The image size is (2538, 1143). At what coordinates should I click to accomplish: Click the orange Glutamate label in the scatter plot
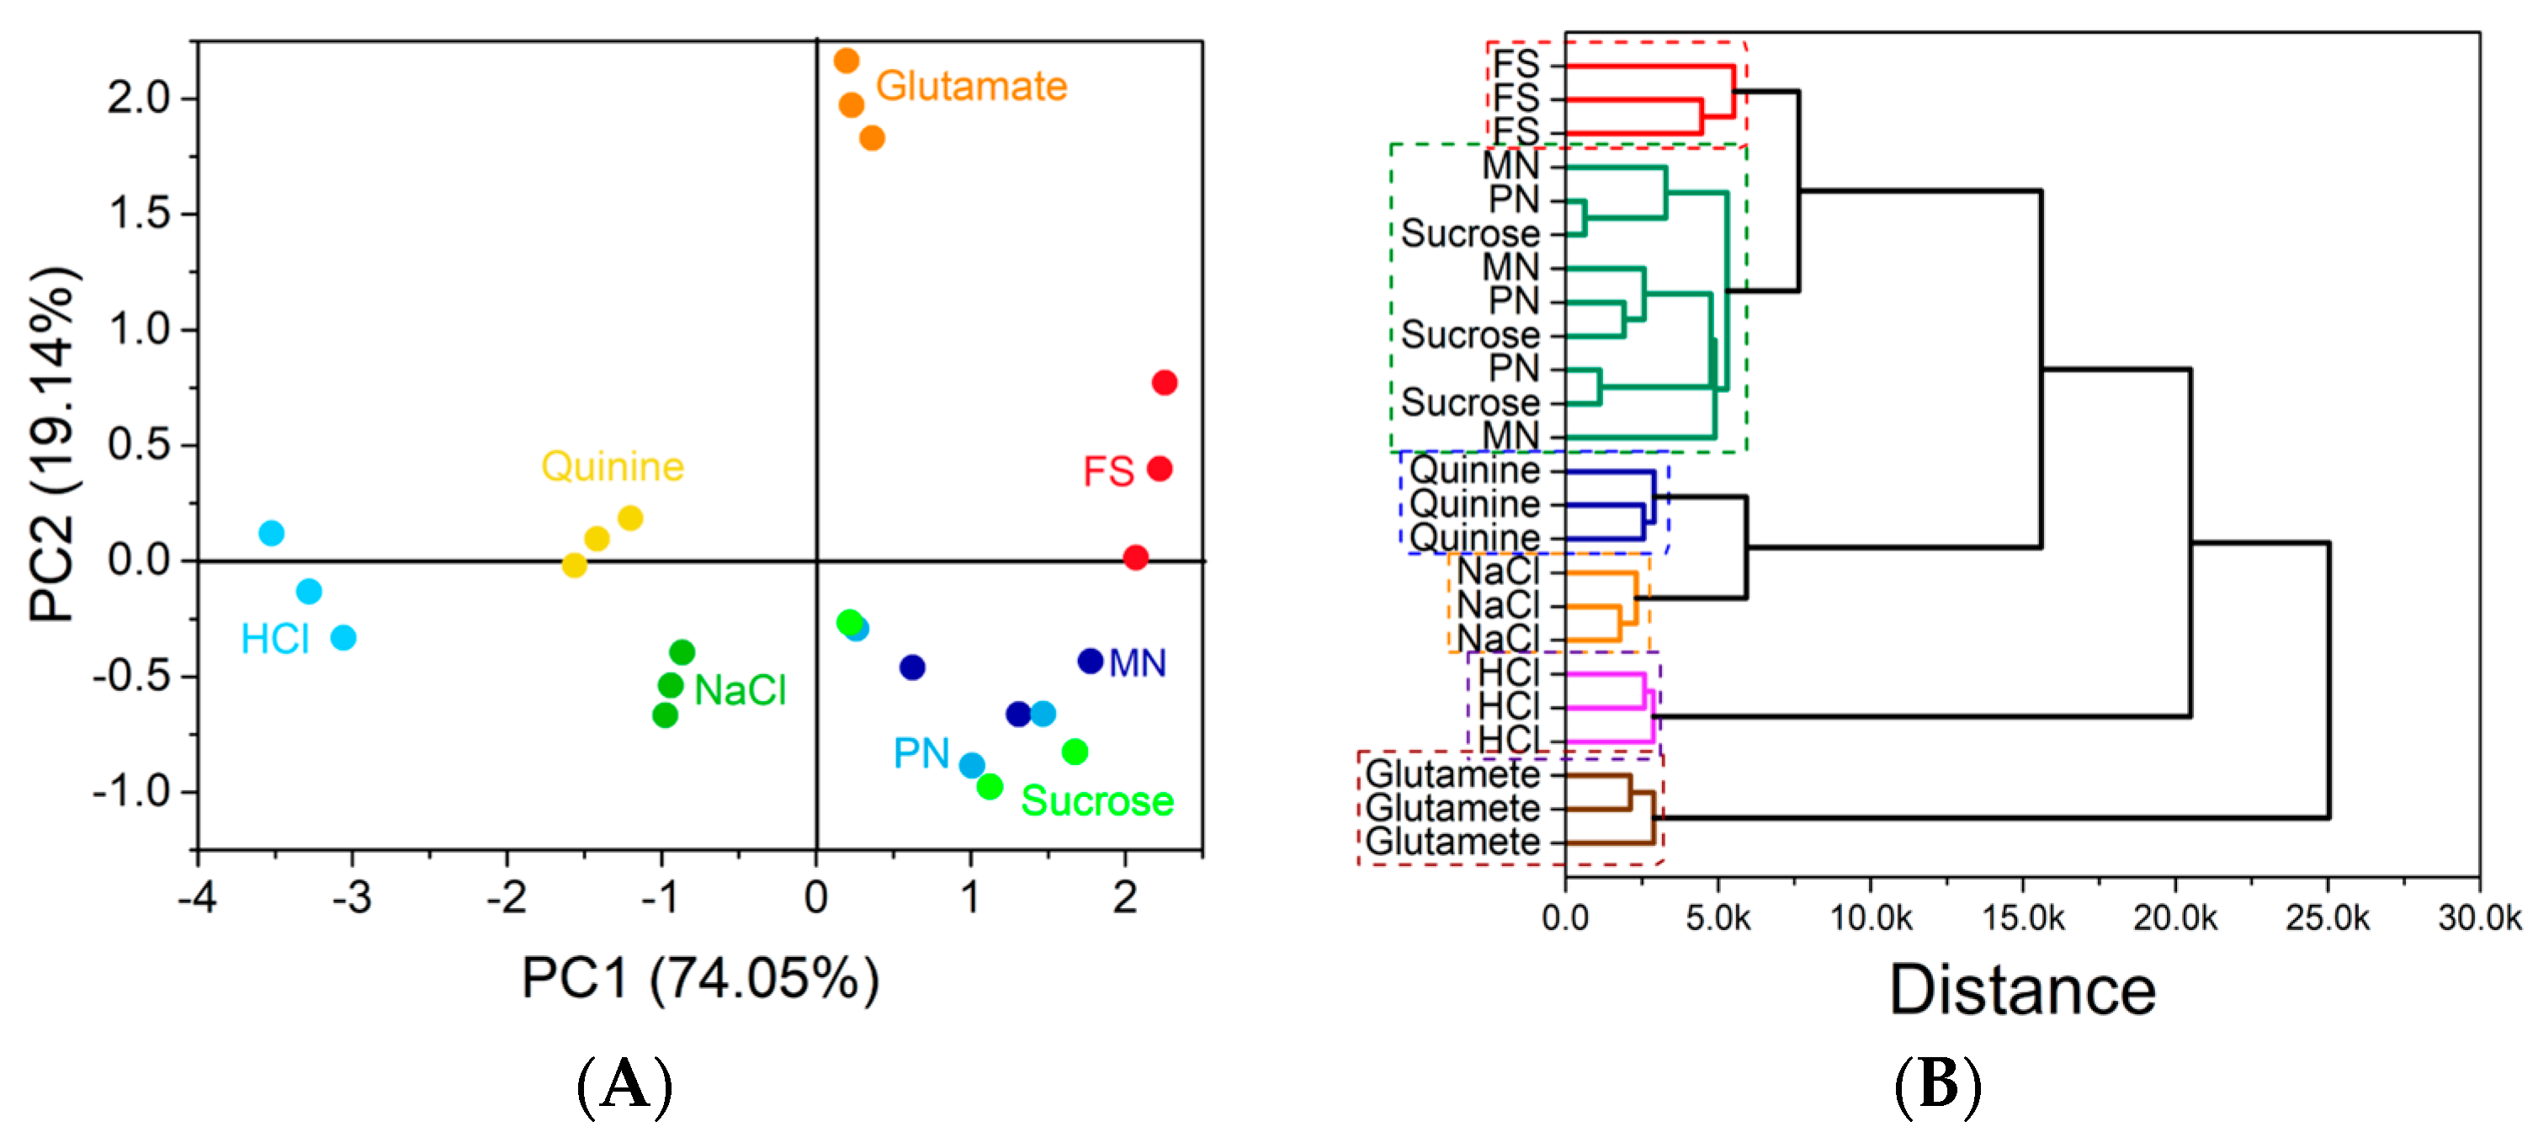pyautogui.click(x=970, y=87)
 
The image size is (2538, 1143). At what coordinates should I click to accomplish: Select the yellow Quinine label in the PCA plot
pyautogui.click(x=612, y=466)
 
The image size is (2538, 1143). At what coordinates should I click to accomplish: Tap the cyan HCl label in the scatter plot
pyautogui.click(x=275, y=640)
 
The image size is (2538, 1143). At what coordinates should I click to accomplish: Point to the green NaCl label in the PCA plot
pyautogui.click(x=740, y=689)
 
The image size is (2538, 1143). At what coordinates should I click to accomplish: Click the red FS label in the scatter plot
pyautogui.click(x=1107, y=471)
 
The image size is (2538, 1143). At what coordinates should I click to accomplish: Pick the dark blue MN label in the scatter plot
pyautogui.click(x=1137, y=663)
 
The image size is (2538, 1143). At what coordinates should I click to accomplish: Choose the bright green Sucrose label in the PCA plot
pyautogui.click(x=1096, y=801)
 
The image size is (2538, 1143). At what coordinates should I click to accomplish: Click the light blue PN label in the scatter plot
pyautogui.click(x=921, y=754)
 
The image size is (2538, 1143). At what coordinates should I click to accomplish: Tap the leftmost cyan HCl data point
pyautogui.click(x=271, y=533)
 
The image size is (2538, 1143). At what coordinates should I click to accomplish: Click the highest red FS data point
pyautogui.click(x=1164, y=382)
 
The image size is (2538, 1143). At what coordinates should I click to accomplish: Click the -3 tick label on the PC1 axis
pyautogui.click(x=352, y=897)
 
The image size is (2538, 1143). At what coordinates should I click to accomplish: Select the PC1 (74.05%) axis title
pyautogui.click(x=699, y=980)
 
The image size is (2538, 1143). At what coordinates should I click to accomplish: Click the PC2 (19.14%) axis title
pyautogui.click(x=51, y=444)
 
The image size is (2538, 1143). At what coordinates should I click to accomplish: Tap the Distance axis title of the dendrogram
pyautogui.click(x=2021, y=991)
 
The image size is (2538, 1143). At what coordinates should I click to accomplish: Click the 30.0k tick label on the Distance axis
pyautogui.click(x=2479, y=918)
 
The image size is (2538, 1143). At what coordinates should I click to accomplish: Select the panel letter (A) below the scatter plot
pyautogui.click(x=624, y=1086)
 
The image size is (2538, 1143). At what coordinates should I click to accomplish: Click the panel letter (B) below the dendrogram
pyautogui.click(x=1937, y=1086)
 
